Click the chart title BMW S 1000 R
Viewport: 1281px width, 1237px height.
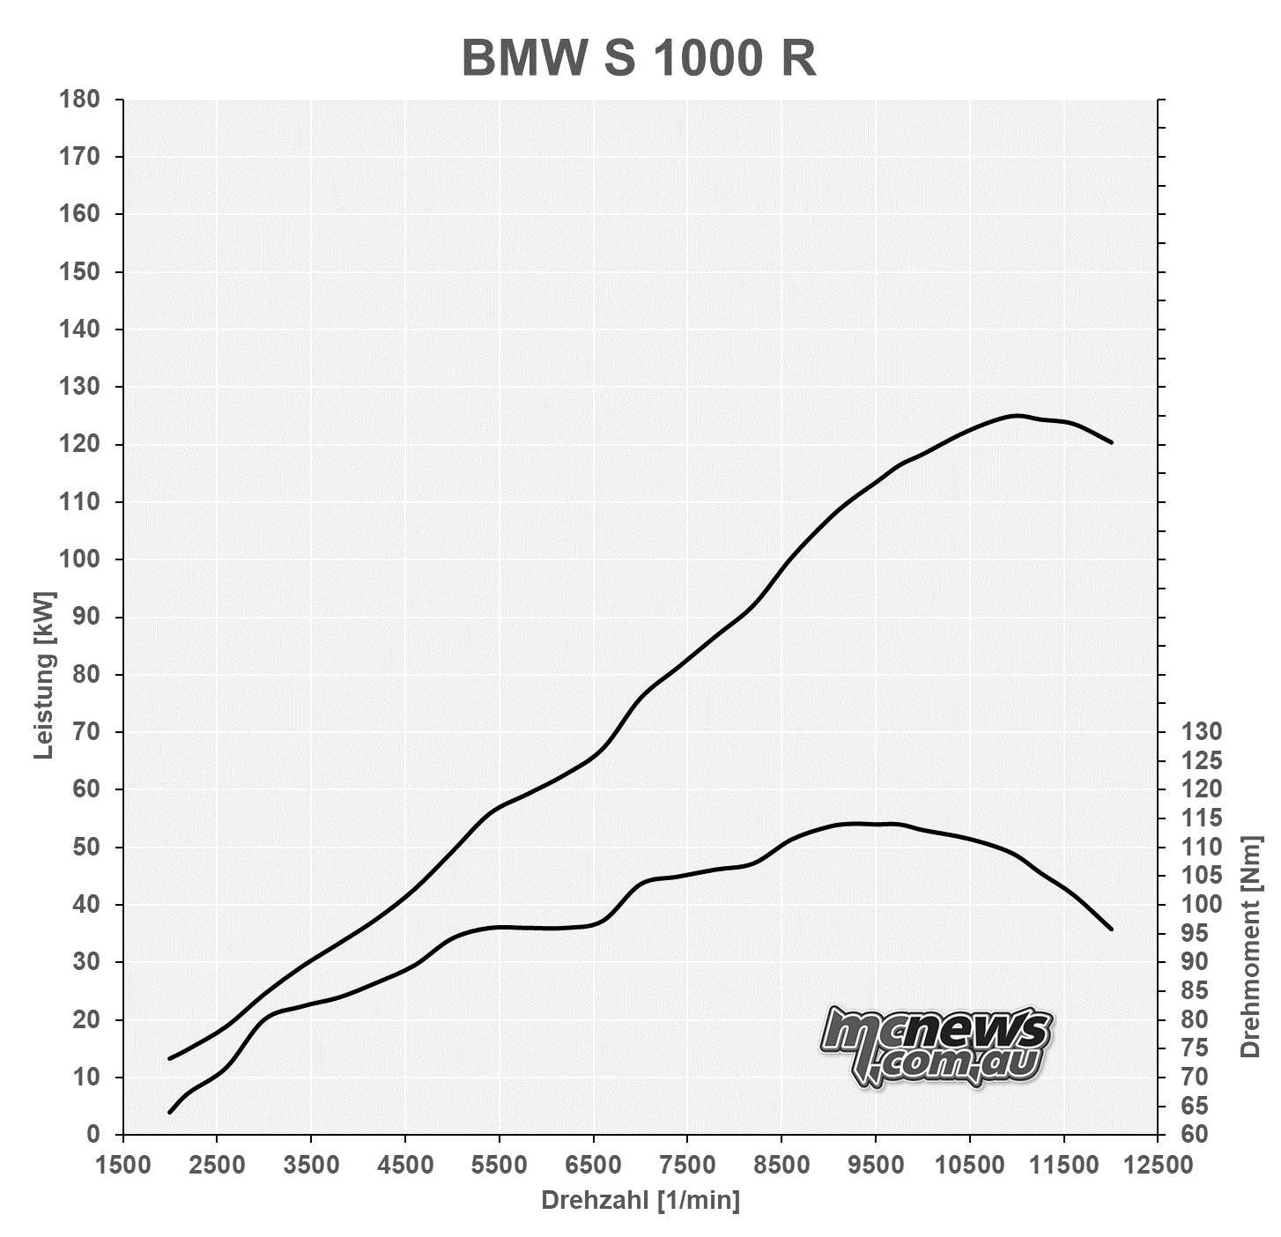click(639, 59)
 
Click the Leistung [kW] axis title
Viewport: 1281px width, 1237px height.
click(44, 675)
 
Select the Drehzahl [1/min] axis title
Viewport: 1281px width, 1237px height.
click(640, 1200)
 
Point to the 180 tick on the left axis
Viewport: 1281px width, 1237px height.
click(79, 99)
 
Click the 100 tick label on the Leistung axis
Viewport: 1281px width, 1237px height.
click(79, 559)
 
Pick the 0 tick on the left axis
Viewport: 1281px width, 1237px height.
click(93, 1135)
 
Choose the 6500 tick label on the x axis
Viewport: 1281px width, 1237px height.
click(593, 1165)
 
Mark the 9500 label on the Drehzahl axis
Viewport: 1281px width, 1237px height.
click(875, 1165)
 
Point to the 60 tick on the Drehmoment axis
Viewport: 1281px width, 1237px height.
click(1195, 1135)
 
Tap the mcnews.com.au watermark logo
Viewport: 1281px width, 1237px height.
click(937, 1046)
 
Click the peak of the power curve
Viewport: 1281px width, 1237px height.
click(1017, 415)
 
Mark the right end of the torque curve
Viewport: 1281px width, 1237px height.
click(1111, 929)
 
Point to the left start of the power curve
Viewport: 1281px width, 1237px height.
click(170, 1058)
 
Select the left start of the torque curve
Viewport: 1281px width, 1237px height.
click(170, 1112)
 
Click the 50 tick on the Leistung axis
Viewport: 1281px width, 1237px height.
click(86, 848)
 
